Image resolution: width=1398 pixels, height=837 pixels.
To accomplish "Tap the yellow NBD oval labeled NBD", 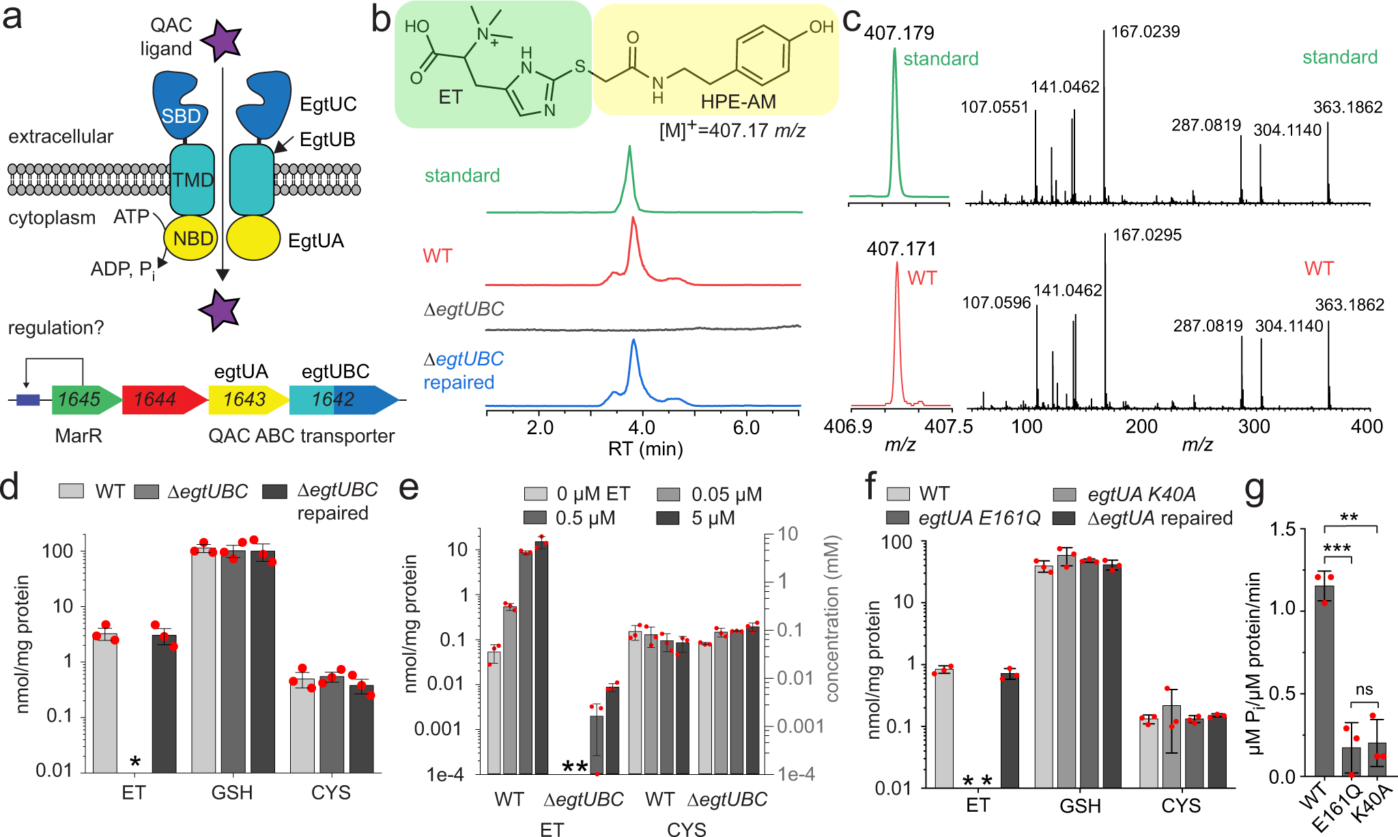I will [192, 238].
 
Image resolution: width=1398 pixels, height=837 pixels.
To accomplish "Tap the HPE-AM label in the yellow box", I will [738, 102].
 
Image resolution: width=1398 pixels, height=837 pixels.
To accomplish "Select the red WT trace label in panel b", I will [438, 256].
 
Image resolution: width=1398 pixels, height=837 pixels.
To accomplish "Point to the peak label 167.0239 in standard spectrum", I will [1145, 32].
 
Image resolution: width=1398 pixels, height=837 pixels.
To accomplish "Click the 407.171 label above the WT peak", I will [901, 249].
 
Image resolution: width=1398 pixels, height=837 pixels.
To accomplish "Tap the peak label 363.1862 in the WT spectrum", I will [1349, 305].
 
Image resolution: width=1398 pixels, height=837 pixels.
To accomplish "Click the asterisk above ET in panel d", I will [135, 763].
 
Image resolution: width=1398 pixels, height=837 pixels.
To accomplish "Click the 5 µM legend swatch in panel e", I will [668, 518].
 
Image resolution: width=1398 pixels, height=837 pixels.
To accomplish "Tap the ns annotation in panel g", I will [1364, 690].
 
